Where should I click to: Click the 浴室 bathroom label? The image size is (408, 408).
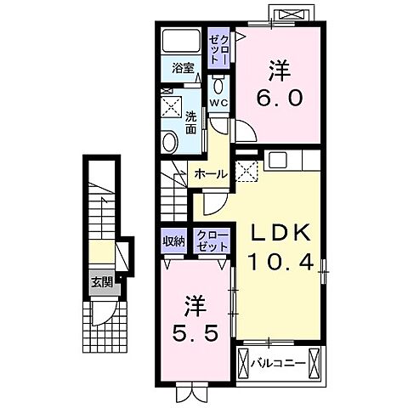pyautogui.click(x=183, y=68)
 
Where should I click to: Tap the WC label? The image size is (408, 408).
pyautogui.click(x=218, y=103)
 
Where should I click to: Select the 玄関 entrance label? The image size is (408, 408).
pyautogui.click(x=102, y=282)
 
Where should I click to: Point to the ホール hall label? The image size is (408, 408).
pyautogui.click(x=211, y=174)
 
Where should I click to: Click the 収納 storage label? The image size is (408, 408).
pyautogui.click(x=173, y=241)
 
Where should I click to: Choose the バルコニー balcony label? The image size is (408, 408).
pyautogui.click(x=278, y=363)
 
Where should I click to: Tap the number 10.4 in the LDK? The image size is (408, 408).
pyautogui.click(x=280, y=262)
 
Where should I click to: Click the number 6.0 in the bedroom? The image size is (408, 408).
pyautogui.click(x=279, y=98)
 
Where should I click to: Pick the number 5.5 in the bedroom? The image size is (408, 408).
pyautogui.click(x=195, y=333)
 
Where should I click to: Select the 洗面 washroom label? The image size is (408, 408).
pyautogui.click(x=191, y=123)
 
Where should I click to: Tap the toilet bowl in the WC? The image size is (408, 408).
pyautogui.click(x=218, y=85)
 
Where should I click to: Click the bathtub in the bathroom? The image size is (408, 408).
pyautogui.click(x=181, y=41)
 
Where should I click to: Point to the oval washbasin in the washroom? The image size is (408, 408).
pyautogui.click(x=170, y=143)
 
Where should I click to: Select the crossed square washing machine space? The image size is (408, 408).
pyautogui.click(x=172, y=106)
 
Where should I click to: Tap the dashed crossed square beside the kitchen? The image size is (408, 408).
pyautogui.click(x=246, y=171)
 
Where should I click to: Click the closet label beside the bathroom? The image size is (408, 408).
pyautogui.click(x=218, y=48)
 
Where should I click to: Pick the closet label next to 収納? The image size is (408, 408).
pyautogui.click(x=212, y=241)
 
